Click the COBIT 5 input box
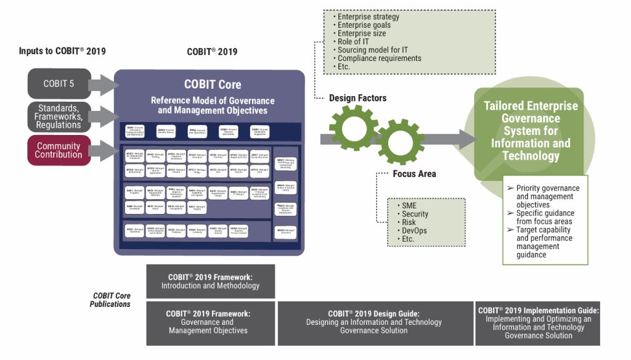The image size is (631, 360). [59, 84]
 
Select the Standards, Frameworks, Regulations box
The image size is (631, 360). [59, 117]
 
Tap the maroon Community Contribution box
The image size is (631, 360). [59, 150]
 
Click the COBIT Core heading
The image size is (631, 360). [212, 84]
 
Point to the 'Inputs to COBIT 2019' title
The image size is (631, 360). [62, 51]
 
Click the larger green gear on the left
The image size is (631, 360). [353, 128]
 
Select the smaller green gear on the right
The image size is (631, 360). [400, 141]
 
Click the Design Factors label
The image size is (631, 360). [357, 98]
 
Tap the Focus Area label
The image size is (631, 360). [414, 174]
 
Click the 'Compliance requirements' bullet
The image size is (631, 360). [378, 58]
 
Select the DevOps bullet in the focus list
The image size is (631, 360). [415, 231]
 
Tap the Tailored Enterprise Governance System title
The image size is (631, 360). [531, 130]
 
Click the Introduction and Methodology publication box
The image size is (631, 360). [210, 281]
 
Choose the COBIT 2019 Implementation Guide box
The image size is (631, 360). [538, 323]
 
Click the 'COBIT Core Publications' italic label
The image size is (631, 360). [111, 300]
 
